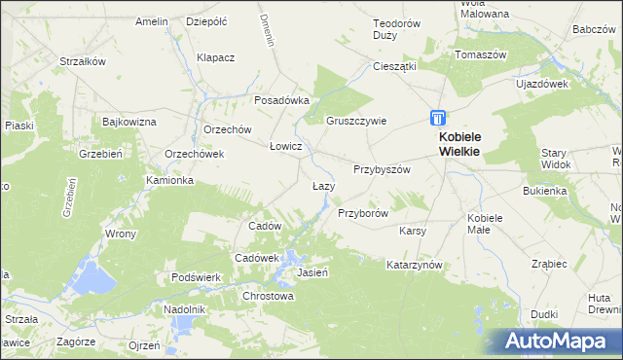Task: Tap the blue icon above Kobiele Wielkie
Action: click(x=439, y=118)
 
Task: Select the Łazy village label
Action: click(x=323, y=186)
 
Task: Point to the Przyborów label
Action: click(x=363, y=212)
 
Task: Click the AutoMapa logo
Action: click(x=562, y=342)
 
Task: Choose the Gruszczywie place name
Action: click(x=356, y=121)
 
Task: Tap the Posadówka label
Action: click(x=281, y=99)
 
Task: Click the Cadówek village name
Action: click(x=257, y=257)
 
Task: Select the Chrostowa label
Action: click(x=268, y=296)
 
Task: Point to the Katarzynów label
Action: click(x=415, y=265)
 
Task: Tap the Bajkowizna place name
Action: click(x=129, y=122)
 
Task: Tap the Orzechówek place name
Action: click(x=195, y=154)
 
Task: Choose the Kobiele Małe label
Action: click(x=484, y=223)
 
